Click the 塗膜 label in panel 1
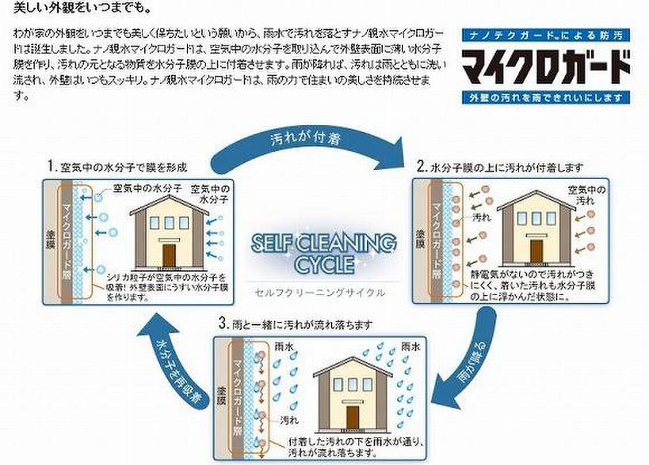pos(50,239)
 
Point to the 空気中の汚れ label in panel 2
pos(587,195)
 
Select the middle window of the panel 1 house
pos(169,223)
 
